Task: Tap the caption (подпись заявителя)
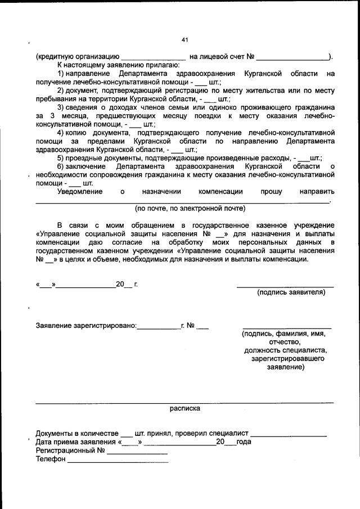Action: (x=291, y=292)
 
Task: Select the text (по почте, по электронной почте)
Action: (x=190, y=208)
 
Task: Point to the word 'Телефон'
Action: (x=50, y=460)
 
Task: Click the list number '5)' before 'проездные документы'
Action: (x=61, y=159)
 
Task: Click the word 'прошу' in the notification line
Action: (x=271, y=192)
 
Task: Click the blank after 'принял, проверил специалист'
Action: (x=289, y=434)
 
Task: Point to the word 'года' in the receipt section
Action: (x=244, y=442)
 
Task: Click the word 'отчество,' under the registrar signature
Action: (x=285, y=341)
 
